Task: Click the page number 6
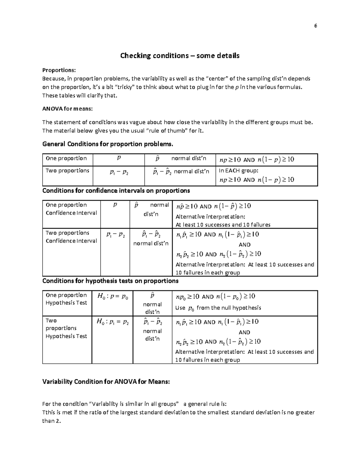[x=315, y=26]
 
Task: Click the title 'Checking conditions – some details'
[x=180, y=56]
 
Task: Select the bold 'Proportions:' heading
[x=59, y=70]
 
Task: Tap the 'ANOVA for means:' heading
[x=67, y=109]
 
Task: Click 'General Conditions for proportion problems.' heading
[x=108, y=144]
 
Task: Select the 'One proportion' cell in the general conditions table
[x=66, y=158]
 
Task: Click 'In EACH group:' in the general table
[x=238, y=171]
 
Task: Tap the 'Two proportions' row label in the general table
[x=67, y=171]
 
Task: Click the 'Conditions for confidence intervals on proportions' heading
[x=116, y=191]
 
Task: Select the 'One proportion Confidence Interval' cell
[x=71, y=209]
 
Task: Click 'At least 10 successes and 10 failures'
[x=223, y=224]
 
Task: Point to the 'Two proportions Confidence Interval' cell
[x=71, y=237]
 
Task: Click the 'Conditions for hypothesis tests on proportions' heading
[x=110, y=281]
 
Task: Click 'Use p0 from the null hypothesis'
[x=218, y=308]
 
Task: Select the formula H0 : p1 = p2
[x=112, y=322]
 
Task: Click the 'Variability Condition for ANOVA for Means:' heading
[x=106, y=382]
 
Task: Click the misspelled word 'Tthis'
[x=49, y=412]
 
